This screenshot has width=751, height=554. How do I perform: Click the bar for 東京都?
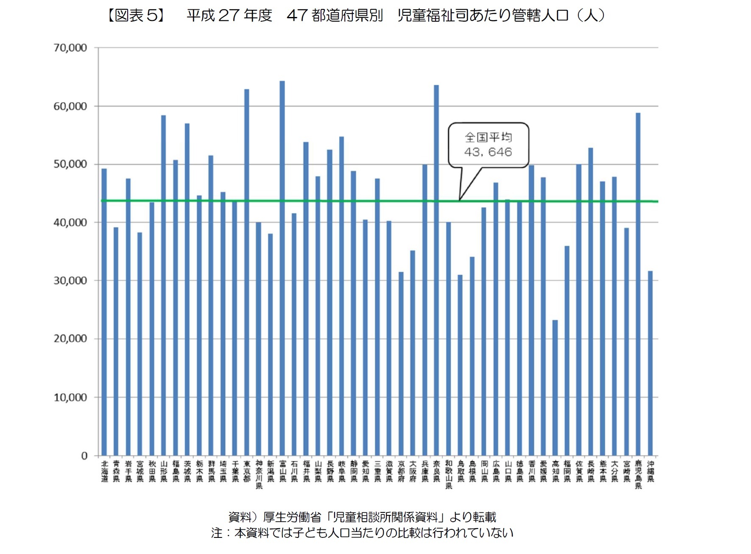246,272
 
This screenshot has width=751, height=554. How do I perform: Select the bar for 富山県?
282,267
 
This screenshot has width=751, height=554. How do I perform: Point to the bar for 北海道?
104,312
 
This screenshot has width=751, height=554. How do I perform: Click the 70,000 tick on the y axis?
70,48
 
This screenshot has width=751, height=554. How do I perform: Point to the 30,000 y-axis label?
70,281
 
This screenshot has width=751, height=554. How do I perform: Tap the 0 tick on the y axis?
84,456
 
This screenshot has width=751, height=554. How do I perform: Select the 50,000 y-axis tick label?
70,164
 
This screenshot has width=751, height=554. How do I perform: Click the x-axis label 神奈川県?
259,475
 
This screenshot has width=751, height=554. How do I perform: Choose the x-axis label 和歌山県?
449,475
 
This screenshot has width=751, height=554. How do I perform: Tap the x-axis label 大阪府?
413,471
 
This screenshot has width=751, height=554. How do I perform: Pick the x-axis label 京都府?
401,471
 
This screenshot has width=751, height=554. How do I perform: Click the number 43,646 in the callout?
488,152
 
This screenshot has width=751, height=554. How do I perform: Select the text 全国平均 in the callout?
488,137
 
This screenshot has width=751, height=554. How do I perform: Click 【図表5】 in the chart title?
135,16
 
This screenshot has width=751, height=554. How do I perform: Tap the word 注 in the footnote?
217,533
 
